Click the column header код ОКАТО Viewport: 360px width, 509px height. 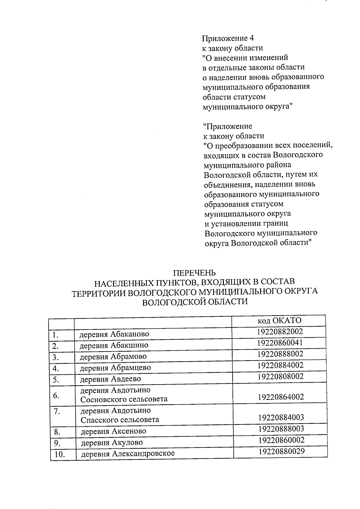coord(279,321)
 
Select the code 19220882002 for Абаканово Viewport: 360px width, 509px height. coord(280,331)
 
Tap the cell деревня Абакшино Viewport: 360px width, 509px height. coord(114,345)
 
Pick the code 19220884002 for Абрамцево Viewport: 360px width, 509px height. coord(280,365)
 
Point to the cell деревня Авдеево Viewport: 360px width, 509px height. coord(110,379)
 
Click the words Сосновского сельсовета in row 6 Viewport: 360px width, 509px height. coord(124,400)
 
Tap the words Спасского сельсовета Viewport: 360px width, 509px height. coord(120,420)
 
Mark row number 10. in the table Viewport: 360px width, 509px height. coord(60,455)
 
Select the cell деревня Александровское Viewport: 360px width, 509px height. coord(128,454)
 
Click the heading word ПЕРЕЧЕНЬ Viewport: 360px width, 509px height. coord(195,273)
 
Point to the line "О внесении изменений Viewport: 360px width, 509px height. coord(245,57)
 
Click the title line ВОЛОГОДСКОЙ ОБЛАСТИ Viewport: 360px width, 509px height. coord(195,301)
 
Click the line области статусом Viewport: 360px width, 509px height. coord(234,97)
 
